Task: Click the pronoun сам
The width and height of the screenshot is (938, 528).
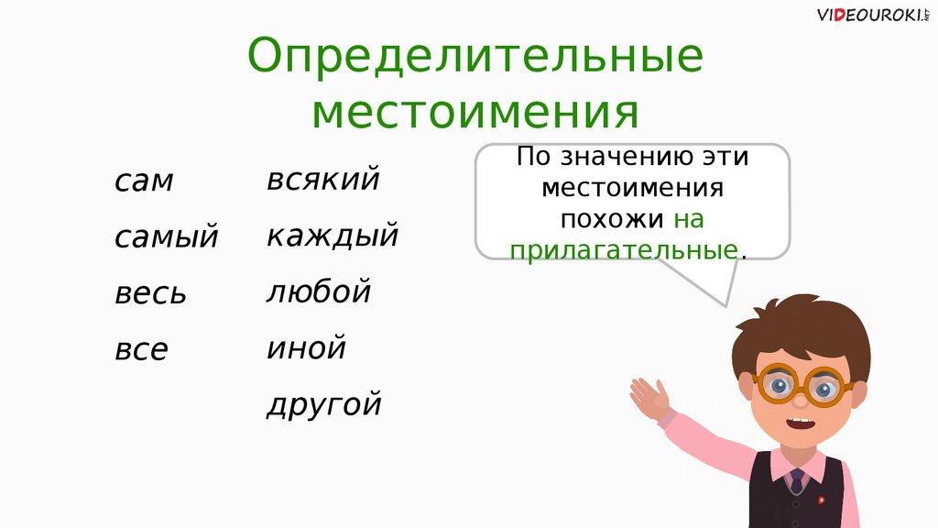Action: coord(144,181)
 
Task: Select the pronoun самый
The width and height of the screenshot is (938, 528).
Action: coord(167,237)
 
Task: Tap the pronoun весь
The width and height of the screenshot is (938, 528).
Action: coord(151,293)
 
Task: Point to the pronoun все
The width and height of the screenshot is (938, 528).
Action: coord(141,349)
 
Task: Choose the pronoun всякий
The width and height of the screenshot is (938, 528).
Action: coord(323,179)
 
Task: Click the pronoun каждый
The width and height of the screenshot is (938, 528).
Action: coord(333,235)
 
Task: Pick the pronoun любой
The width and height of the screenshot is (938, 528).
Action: coord(319,291)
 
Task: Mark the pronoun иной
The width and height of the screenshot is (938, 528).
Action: coord(306,347)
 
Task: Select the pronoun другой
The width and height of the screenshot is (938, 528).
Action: coord(323,404)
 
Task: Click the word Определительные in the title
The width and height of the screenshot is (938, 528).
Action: coord(475,56)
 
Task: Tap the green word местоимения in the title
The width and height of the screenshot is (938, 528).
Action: coord(475,112)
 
